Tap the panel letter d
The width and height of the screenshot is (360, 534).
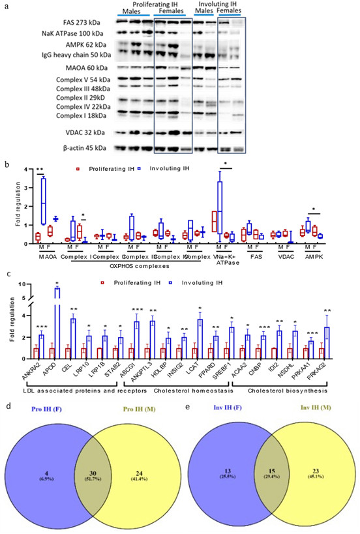click(8, 406)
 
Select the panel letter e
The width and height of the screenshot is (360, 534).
click(188, 406)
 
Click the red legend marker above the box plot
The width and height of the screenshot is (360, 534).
click(78, 169)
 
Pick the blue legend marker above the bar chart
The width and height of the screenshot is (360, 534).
click(170, 283)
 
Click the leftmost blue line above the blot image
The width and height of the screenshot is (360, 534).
click(133, 14)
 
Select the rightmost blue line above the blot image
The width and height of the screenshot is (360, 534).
click(230, 14)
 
